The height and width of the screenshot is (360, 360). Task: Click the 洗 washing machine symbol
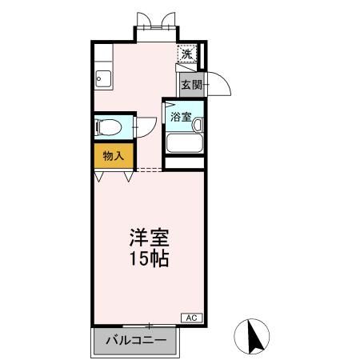[x=186, y=54]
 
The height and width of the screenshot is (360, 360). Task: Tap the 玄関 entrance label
[x=190, y=85]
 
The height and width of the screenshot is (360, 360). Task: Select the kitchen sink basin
[x=102, y=78]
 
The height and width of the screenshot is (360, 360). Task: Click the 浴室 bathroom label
[x=179, y=116]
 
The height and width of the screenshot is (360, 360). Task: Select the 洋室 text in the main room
[x=150, y=238]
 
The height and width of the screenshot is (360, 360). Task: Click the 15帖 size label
[x=150, y=259]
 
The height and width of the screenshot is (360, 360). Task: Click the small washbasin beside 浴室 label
[x=197, y=124]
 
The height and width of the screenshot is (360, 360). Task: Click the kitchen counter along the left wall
[x=102, y=64]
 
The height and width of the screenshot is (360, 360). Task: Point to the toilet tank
[x=98, y=126]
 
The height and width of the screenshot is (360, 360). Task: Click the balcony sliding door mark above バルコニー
[x=149, y=325]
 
